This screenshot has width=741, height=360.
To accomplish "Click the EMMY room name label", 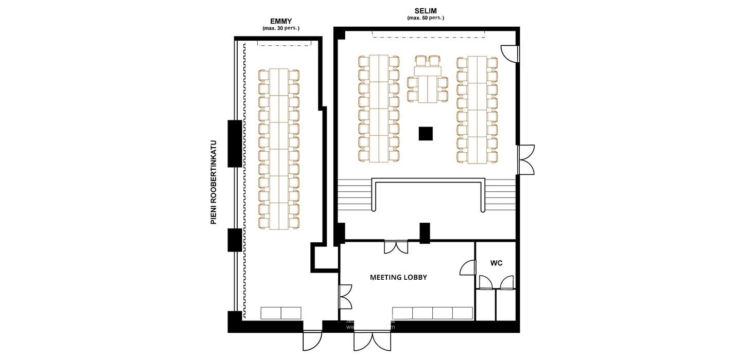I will [x=281, y=21].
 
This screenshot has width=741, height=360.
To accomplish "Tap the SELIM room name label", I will [x=426, y=10].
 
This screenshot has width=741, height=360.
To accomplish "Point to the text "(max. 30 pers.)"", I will [x=281, y=28].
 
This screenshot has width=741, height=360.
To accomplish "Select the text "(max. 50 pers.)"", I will [x=426, y=18].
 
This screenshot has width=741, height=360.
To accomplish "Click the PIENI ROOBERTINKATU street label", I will [x=213, y=182].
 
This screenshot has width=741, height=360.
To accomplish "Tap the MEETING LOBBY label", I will [x=398, y=277].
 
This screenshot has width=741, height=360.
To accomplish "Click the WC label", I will [x=496, y=263].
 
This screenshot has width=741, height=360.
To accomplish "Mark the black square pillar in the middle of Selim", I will [x=426, y=134].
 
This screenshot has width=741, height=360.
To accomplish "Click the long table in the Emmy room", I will [x=279, y=149].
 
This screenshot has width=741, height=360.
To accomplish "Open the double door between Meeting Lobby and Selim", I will [x=396, y=247].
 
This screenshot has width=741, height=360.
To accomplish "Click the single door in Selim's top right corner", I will [x=509, y=53].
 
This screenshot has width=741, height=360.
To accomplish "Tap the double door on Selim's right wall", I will [x=526, y=160].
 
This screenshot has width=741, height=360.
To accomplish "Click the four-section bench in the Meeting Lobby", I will [x=432, y=313].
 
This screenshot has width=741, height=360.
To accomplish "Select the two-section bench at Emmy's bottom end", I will [x=281, y=313].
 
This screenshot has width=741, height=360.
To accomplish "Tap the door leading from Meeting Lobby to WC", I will [x=468, y=268].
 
